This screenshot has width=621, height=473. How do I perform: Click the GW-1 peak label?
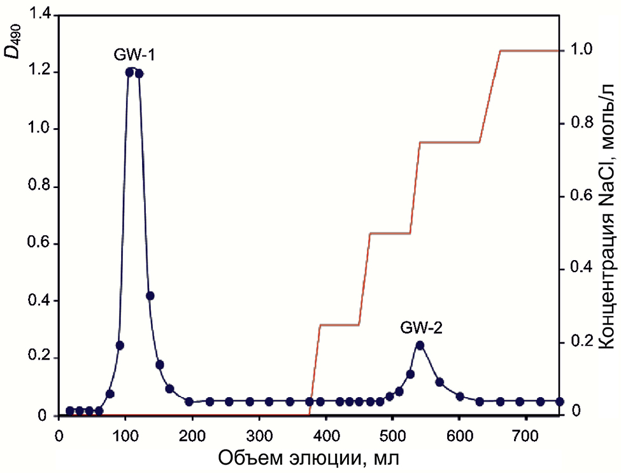tap(134, 55)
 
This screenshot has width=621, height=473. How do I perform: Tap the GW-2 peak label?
tap(421, 328)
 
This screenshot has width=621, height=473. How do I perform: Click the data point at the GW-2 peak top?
tap(420, 346)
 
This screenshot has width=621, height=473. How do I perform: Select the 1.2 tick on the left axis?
tap(42, 72)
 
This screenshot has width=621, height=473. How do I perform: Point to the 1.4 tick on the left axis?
tap(42, 14)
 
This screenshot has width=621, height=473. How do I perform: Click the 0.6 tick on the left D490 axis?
tap(42, 244)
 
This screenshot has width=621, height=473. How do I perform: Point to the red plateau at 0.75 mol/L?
tap(449, 142)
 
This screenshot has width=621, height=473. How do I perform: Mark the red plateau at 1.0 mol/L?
tap(529, 50)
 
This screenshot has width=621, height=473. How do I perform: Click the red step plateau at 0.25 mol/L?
tap(339, 325)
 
